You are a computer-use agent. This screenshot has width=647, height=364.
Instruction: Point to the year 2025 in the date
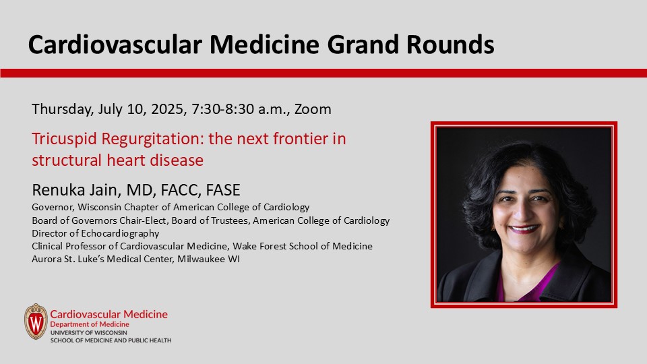[x=160, y=109]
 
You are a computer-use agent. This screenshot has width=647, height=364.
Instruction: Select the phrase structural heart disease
[x=117, y=160]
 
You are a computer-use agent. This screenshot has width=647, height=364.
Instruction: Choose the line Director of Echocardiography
[x=96, y=233]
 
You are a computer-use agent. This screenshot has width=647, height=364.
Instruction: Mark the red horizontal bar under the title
[x=323, y=73]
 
